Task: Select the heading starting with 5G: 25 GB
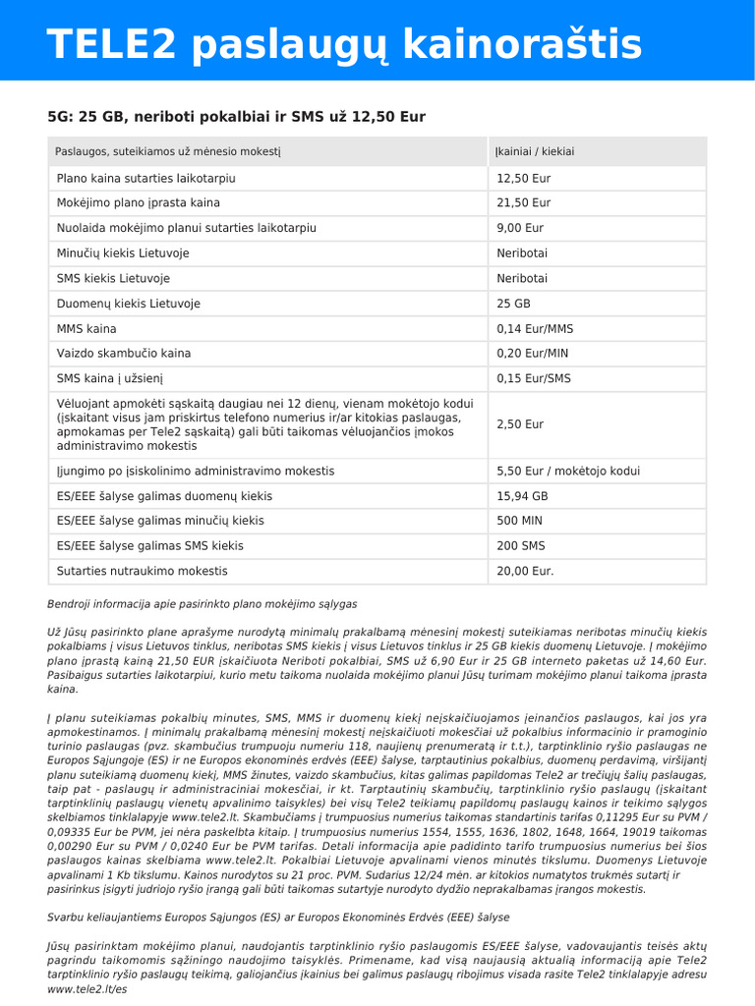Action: (x=236, y=117)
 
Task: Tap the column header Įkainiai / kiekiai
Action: (x=535, y=151)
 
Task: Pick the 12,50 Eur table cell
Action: (x=523, y=179)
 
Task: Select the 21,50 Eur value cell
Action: (x=523, y=203)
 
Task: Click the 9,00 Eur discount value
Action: (x=520, y=228)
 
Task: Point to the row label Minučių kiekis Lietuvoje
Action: (x=123, y=253)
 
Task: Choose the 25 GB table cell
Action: (x=513, y=304)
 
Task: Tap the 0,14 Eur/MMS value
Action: (x=535, y=328)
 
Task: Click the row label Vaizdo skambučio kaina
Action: (x=124, y=354)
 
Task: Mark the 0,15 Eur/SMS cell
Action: (x=533, y=378)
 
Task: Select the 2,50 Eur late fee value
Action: (x=520, y=424)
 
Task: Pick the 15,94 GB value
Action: (x=522, y=496)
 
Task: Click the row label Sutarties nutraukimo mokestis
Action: (x=142, y=571)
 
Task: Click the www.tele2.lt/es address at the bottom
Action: (x=87, y=990)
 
